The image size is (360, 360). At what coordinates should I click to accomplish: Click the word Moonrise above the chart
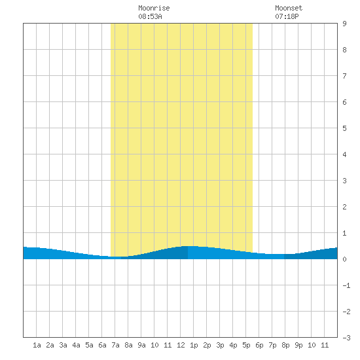point(154,8)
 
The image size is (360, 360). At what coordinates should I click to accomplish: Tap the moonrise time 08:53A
point(150,16)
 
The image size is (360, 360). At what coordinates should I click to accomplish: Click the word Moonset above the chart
point(289,8)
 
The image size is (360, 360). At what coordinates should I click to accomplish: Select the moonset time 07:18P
point(287,16)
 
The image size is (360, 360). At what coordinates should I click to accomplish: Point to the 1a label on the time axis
point(37,345)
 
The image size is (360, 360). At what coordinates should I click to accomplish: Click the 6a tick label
point(102,345)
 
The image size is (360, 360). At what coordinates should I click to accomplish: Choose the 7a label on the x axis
point(115,345)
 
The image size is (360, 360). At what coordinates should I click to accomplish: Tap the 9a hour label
point(141,345)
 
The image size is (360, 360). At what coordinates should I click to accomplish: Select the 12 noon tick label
point(181,345)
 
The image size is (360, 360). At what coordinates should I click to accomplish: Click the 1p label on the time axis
point(194,345)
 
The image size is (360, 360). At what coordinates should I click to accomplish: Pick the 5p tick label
point(246,345)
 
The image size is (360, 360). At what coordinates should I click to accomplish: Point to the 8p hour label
point(285,345)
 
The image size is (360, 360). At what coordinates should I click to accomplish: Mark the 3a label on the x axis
point(63,345)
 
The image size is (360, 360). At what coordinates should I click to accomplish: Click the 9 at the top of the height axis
point(344,24)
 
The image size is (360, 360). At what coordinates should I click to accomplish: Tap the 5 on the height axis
point(344,128)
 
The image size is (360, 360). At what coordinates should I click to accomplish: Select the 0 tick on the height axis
point(344,259)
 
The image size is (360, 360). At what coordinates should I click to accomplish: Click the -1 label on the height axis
point(346,285)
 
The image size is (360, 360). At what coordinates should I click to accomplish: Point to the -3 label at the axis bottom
point(346,338)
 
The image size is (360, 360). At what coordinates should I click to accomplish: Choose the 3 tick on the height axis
point(344,181)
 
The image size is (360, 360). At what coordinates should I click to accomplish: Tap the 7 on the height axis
point(344,76)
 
